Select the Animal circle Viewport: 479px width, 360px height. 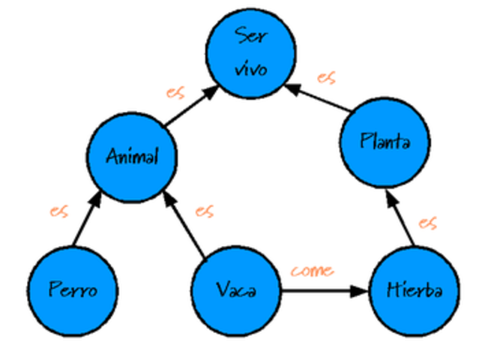132,157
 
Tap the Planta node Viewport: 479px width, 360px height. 384,141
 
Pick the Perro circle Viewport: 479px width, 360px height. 73,289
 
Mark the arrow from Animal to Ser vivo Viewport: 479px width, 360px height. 192,106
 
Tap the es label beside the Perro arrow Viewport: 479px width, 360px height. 59,211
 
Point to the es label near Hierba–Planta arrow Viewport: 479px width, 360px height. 428,223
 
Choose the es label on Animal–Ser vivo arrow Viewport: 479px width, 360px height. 175,93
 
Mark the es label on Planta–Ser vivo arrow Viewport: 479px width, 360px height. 325,77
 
